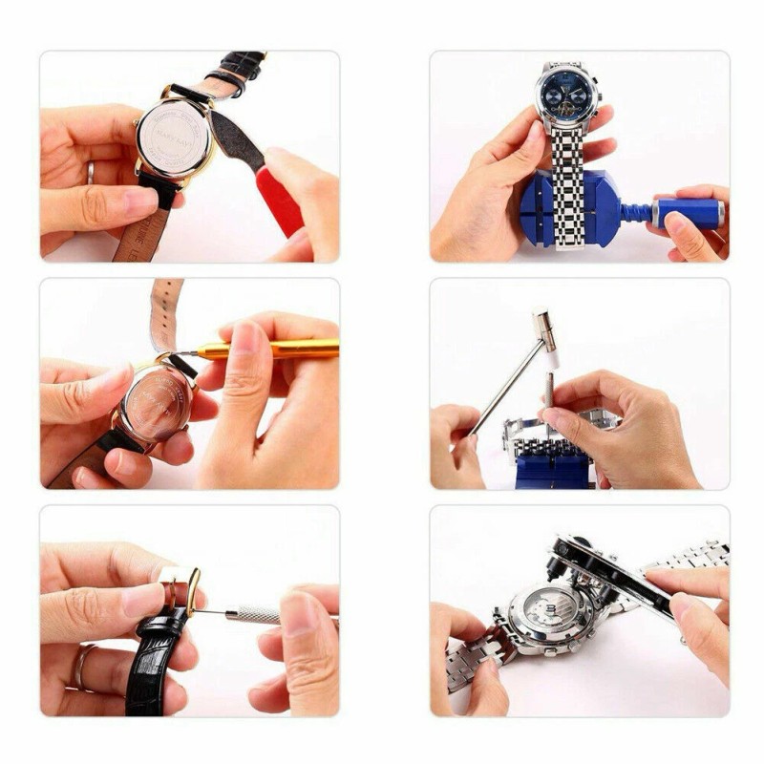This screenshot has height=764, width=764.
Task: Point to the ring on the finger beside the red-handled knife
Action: click(91, 172)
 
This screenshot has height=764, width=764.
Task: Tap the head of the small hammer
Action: click(548, 333)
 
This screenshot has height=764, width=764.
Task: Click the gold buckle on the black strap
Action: click(180, 584)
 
